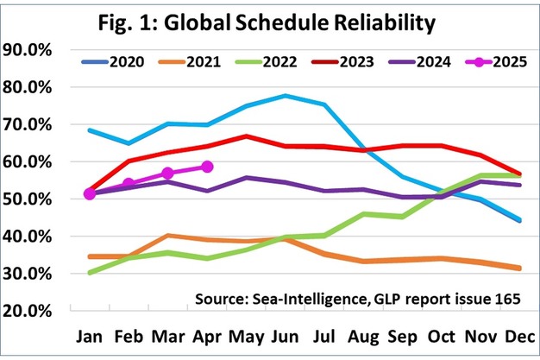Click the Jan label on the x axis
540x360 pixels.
[90, 336]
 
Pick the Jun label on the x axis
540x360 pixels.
[284, 336]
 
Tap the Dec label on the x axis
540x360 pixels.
[518, 336]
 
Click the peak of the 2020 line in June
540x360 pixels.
[285, 96]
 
